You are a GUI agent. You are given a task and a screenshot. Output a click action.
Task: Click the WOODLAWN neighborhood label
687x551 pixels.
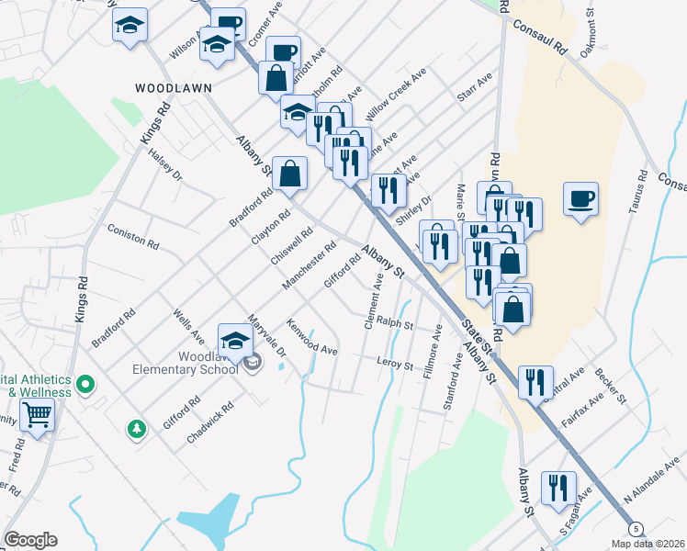coord(174,88)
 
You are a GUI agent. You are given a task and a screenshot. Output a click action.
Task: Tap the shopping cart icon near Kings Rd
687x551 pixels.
coord(37,415)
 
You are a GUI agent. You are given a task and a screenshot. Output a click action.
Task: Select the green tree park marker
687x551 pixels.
coord(137,428)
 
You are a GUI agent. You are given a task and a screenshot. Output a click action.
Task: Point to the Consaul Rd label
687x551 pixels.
coord(543,36)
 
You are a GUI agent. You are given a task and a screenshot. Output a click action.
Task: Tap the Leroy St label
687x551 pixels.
coord(396,365)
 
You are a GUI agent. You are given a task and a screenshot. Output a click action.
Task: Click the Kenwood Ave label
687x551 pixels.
coord(312,338)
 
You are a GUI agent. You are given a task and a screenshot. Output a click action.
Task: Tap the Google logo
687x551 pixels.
coord(30,540)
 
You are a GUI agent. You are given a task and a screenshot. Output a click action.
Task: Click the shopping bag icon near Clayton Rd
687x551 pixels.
coord(289,174)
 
